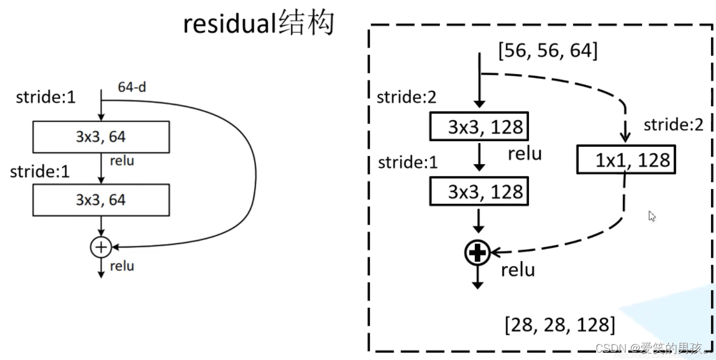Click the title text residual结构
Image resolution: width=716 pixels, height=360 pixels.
pos(259,24)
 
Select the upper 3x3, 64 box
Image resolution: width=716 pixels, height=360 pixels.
pos(101,136)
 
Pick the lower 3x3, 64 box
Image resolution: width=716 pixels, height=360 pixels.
pos(101,200)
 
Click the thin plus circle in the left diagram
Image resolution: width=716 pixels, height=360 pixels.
pos(100,247)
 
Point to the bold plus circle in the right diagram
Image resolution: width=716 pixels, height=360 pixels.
pos(477,252)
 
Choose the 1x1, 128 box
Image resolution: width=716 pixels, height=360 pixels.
pos(625,160)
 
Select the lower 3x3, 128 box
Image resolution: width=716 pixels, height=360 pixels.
pos(479,192)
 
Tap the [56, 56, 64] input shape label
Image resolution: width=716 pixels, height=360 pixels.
pos(548,51)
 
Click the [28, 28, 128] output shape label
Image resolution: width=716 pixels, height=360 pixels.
pos(560,325)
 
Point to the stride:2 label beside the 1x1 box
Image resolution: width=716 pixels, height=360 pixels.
pos(674,125)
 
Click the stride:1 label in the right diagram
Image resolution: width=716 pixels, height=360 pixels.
pos(408,162)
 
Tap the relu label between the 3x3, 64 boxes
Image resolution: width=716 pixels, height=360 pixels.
pos(122,162)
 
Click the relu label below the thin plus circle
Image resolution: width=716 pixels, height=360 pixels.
pos(122,266)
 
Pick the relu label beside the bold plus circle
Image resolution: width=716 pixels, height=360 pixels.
pos(518,270)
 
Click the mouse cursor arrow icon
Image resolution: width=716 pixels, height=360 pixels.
pos(652,216)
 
